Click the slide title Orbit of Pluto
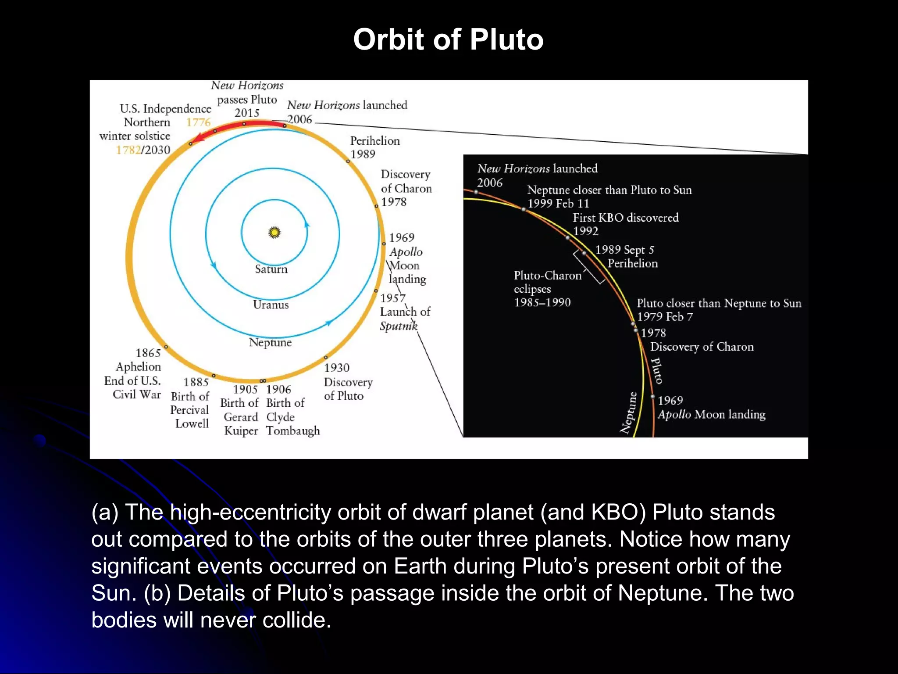448,39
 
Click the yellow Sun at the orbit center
274,232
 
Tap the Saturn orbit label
271,269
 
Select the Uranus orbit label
271,305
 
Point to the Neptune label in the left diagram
270,342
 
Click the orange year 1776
198,122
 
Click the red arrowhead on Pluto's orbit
199,138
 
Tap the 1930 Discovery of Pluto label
348,382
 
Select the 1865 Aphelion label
138,360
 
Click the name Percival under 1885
189,410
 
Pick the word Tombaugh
293,431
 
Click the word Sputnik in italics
398,326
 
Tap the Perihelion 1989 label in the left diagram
374,147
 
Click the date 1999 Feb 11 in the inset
558,203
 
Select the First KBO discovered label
625,218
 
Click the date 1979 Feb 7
665,316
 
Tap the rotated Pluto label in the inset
657,371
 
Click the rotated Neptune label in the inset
629,412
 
